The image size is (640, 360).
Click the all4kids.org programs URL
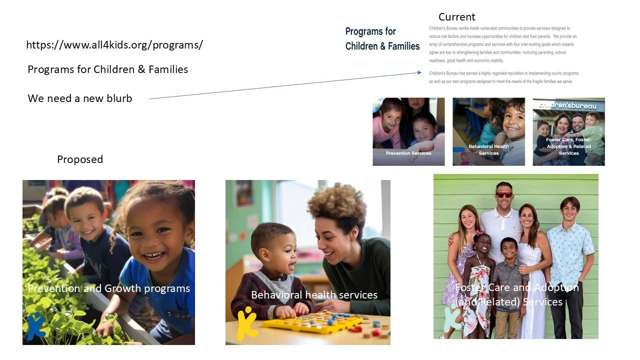click(x=114, y=45)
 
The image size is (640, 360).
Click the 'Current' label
click(x=456, y=17)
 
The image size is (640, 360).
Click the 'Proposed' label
click(x=80, y=159)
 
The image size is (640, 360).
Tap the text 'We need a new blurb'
click(x=80, y=98)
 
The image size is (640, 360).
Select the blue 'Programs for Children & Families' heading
click(x=382, y=39)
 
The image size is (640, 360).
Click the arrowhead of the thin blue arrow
click(x=419, y=73)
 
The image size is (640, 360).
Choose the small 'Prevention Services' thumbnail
click(x=408, y=131)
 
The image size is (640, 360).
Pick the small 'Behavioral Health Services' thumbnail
click(x=488, y=131)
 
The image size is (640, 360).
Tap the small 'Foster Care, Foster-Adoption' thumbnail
click(x=568, y=131)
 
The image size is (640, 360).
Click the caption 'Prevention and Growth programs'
click(x=108, y=288)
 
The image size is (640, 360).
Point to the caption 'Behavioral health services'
click(x=314, y=295)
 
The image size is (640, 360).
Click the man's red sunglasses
click(x=504, y=194)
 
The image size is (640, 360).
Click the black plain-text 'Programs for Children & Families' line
click(x=108, y=69)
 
